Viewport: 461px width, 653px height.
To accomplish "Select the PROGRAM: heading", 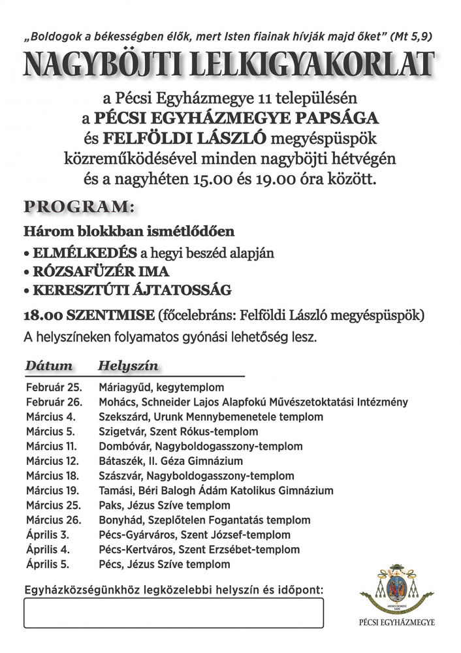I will [78, 208].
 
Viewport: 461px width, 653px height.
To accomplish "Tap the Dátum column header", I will [49, 365].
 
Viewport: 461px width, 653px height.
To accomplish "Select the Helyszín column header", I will [128, 365].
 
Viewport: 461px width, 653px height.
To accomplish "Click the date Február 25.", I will [52, 387].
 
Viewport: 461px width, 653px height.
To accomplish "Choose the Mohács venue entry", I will [253, 402].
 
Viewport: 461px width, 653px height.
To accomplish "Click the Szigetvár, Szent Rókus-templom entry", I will [178, 432].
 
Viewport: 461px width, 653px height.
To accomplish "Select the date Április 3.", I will [47, 535].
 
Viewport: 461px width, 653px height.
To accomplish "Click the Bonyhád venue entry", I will [204, 520].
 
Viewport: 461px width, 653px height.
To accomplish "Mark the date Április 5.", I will [47, 564].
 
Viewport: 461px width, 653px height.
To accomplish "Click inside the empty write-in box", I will [174, 613].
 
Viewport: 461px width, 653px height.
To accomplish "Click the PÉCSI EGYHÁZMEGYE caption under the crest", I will [398, 622].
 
